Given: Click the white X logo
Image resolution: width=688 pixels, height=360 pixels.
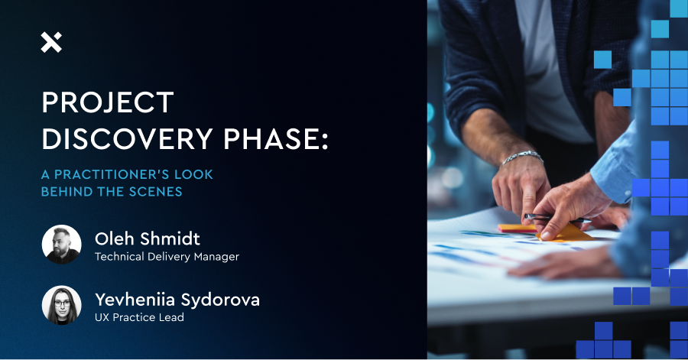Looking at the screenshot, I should pyautogui.click(x=51, y=43).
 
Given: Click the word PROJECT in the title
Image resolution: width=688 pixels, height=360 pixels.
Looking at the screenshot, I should pyautogui.click(x=108, y=103).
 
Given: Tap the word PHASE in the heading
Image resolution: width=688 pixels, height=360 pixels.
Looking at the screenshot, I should pyautogui.click(x=268, y=139).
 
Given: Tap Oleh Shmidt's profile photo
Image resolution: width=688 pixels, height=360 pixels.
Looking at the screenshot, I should pyautogui.click(x=61, y=244).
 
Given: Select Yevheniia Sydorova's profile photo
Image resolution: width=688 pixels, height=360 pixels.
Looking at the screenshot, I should pyautogui.click(x=61, y=305).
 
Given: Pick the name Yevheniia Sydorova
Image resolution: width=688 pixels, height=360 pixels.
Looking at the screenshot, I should pyautogui.click(x=177, y=300).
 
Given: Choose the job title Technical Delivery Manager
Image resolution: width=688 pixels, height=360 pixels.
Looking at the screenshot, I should pyautogui.click(x=167, y=257).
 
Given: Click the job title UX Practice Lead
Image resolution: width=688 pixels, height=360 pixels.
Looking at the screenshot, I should pyautogui.click(x=139, y=317).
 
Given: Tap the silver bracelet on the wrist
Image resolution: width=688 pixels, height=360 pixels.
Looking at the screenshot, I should pyautogui.click(x=521, y=157).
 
